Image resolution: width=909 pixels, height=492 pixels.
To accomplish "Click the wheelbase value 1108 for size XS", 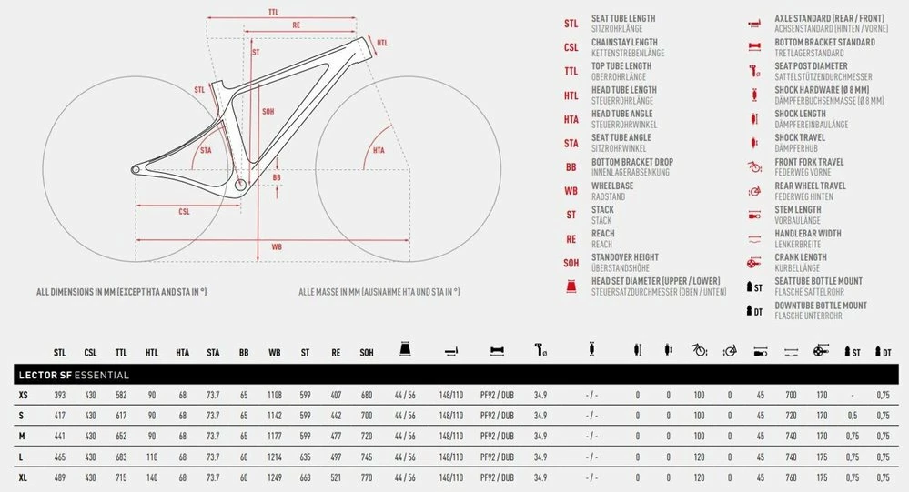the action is click(x=274, y=396).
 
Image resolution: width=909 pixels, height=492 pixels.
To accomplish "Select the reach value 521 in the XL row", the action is click(x=336, y=478).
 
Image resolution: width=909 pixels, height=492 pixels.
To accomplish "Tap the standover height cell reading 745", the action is click(x=367, y=457).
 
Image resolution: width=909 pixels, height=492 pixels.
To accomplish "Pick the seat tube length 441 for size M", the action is click(x=60, y=437).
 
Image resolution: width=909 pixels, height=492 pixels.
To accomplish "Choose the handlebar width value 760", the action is click(x=791, y=478).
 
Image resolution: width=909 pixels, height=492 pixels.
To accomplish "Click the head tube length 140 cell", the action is click(x=152, y=478).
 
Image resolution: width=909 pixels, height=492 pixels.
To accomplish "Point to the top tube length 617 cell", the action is click(x=121, y=416).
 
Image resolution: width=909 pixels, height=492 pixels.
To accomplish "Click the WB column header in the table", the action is click(x=274, y=352).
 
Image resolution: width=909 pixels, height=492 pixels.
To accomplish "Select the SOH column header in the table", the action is click(x=367, y=352).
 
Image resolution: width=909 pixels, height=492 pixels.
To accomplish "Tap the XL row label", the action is click(x=23, y=478).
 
